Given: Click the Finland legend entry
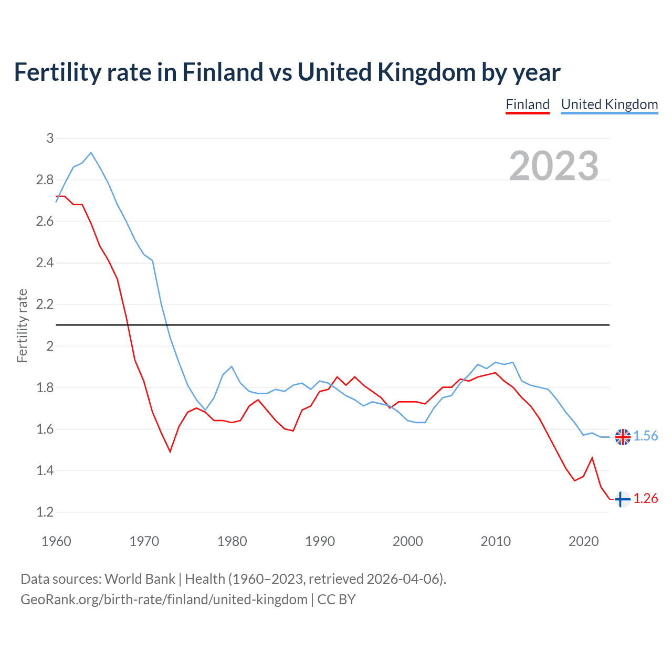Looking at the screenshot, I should click(x=528, y=104).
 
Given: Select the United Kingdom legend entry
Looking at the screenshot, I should click(x=609, y=104).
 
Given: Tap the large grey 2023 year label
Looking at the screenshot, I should click(x=554, y=166).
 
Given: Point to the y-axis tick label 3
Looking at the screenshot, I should click(x=50, y=139).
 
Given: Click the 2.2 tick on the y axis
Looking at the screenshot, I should click(x=45, y=304).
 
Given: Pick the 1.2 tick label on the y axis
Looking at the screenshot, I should click(x=45, y=512).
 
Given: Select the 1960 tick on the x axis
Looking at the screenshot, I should click(x=56, y=541).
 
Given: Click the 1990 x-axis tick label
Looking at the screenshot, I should click(x=320, y=541).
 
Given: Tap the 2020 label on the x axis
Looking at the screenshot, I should click(x=583, y=541).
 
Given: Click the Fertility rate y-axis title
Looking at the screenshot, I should click(x=22, y=325).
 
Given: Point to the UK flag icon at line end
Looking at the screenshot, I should click(x=623, y=437).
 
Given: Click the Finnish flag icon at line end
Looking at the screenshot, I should click(x=622, y=499).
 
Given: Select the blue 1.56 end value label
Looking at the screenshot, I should click(x=646, y=436).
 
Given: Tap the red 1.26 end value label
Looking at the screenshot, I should click(x=646, y=499).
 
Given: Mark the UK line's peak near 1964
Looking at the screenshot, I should click(x=91, y=153).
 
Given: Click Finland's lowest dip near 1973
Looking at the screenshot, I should click(x=170, y=451).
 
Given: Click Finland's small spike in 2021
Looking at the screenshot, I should click(x=592, y=458).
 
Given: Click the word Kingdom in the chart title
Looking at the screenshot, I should click(x=426, y=72).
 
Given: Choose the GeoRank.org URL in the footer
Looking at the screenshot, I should click(x=164, y=600).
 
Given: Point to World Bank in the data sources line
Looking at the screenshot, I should click(x=140, y=579).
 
